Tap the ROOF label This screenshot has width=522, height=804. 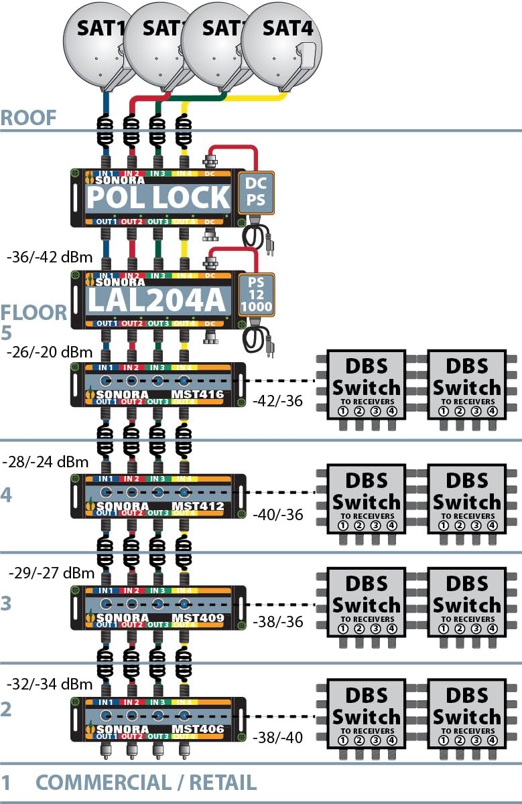28,118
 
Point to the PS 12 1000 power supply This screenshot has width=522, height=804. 255,295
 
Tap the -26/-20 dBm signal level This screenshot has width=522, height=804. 42,352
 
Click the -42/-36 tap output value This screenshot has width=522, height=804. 277,402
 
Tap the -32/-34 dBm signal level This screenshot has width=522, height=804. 48,684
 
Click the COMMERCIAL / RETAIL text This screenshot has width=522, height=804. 145,782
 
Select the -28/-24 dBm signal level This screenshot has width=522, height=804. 46,461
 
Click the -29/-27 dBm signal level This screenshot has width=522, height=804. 51,573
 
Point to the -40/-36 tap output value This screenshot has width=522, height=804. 277,515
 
